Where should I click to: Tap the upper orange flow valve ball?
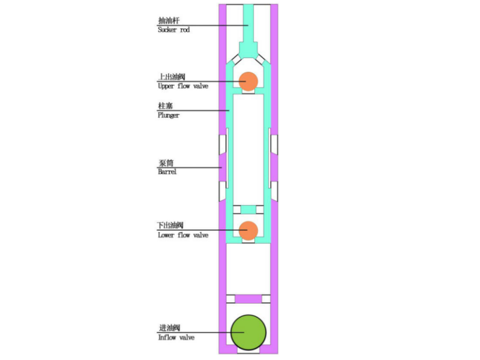coord(248,80)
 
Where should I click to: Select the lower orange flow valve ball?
coord(248,230)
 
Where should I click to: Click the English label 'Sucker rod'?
coord(173,29)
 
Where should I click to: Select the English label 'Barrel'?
coord(167,172)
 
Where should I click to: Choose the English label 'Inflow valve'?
coord(176,337)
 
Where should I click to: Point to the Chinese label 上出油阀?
coord(170,77)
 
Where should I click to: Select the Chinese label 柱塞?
coord(165,106)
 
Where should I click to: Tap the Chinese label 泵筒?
coord(165,163)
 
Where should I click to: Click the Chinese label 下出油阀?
coord(170,226)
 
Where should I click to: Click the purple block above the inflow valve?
coord(248,299)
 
